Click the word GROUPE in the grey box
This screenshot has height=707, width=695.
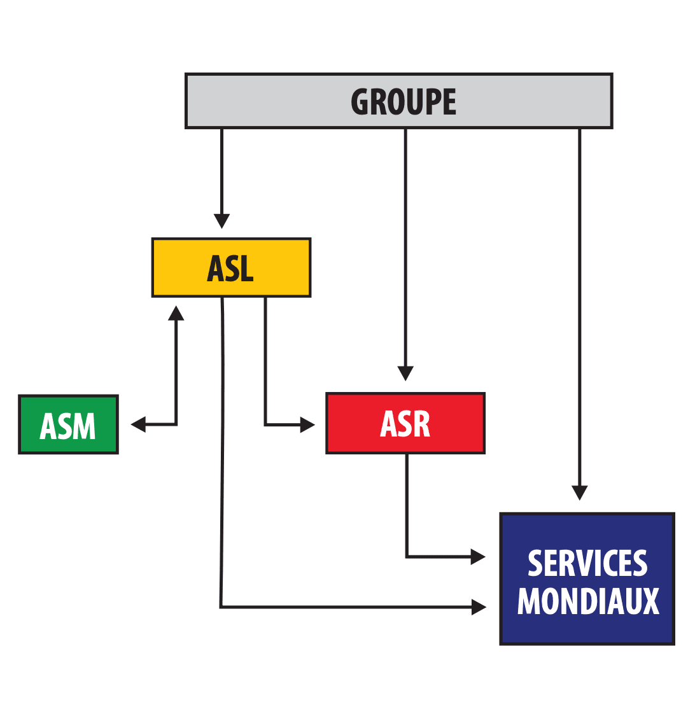coord(404,102)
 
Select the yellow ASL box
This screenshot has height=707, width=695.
coord(231,268)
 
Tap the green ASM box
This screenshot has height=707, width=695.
coord(68,424)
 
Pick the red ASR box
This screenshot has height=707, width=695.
coord(405,423)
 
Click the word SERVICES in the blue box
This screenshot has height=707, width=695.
coord(587,563)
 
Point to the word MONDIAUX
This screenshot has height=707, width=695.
coord(587,600)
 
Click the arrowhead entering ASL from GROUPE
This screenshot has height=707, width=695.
coord(221,221)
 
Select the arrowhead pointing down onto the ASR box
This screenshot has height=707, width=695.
coord(405,373)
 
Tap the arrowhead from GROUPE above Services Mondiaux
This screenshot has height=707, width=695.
coord(579,493)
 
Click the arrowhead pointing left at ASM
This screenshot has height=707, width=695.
coord(138,424)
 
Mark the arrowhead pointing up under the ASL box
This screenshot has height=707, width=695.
coord(176,312)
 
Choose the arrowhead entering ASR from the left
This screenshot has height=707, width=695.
coord(307,424)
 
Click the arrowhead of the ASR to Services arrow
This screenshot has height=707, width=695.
coord(478,557)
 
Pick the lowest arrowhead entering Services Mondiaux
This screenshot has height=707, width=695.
coord(479,607)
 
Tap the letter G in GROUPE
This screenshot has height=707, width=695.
coord(361,102)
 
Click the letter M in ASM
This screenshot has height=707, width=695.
coord(83,426)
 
